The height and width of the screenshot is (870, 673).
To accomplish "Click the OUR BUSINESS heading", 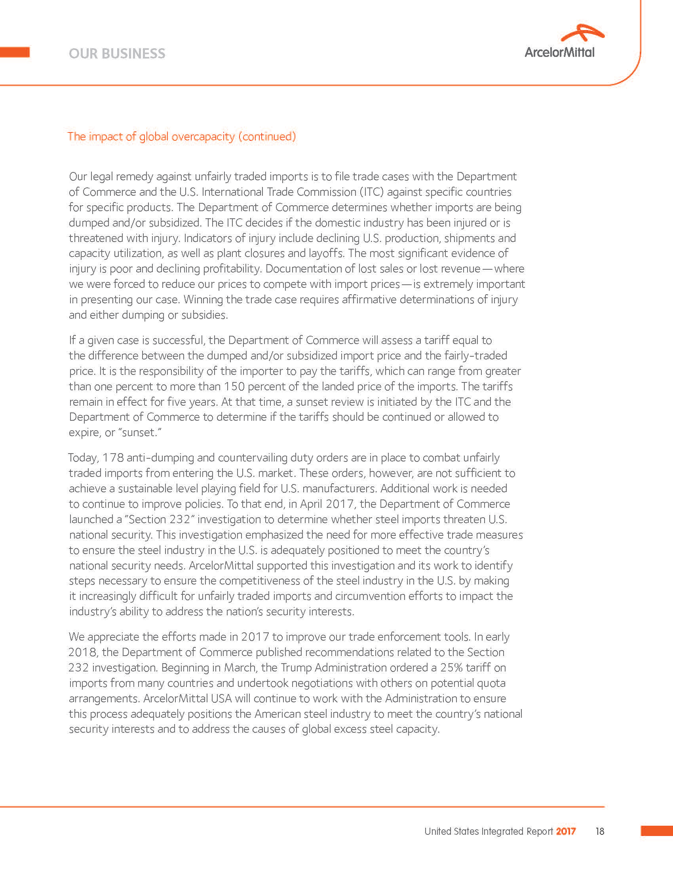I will pos(117,54).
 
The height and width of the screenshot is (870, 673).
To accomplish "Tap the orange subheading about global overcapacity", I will pos(182,137).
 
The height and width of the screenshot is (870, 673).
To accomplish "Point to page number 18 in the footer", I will pos(600,831).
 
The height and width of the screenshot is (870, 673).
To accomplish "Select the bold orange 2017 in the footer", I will pos(566,831).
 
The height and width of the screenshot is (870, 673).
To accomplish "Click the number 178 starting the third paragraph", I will pos(113,458).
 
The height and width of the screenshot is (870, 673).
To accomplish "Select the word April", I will pos(311,504).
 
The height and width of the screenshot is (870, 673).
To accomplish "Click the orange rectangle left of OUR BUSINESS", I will pos(15,52).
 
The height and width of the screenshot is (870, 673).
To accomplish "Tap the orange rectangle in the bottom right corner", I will pos(657,831).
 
